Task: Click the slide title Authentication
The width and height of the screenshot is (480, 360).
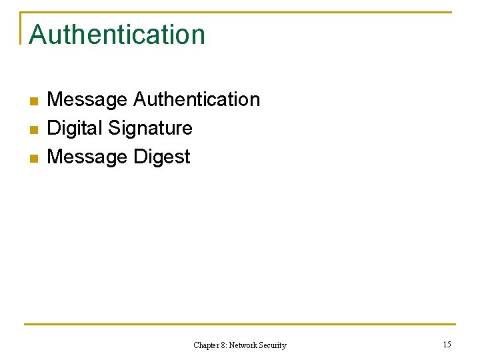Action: click(x=117, y=35)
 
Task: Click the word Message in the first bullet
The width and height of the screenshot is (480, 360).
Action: click(x=87, y=99)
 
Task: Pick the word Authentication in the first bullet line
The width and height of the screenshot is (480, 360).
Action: click(x=197, y=99)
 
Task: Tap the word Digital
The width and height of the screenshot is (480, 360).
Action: click(x=73, y=128)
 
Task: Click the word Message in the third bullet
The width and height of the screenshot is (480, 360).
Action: click(x=87, y=157)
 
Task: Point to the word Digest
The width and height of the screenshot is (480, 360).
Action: click(x=162, y=157)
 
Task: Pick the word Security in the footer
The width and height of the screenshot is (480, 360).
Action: click(x=273, y=345)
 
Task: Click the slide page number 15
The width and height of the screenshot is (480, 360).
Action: click(x=447, y=345)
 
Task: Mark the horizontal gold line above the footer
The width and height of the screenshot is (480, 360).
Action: click(x=240, y=325)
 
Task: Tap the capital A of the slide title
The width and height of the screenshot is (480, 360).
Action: click(x=37, y=35)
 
